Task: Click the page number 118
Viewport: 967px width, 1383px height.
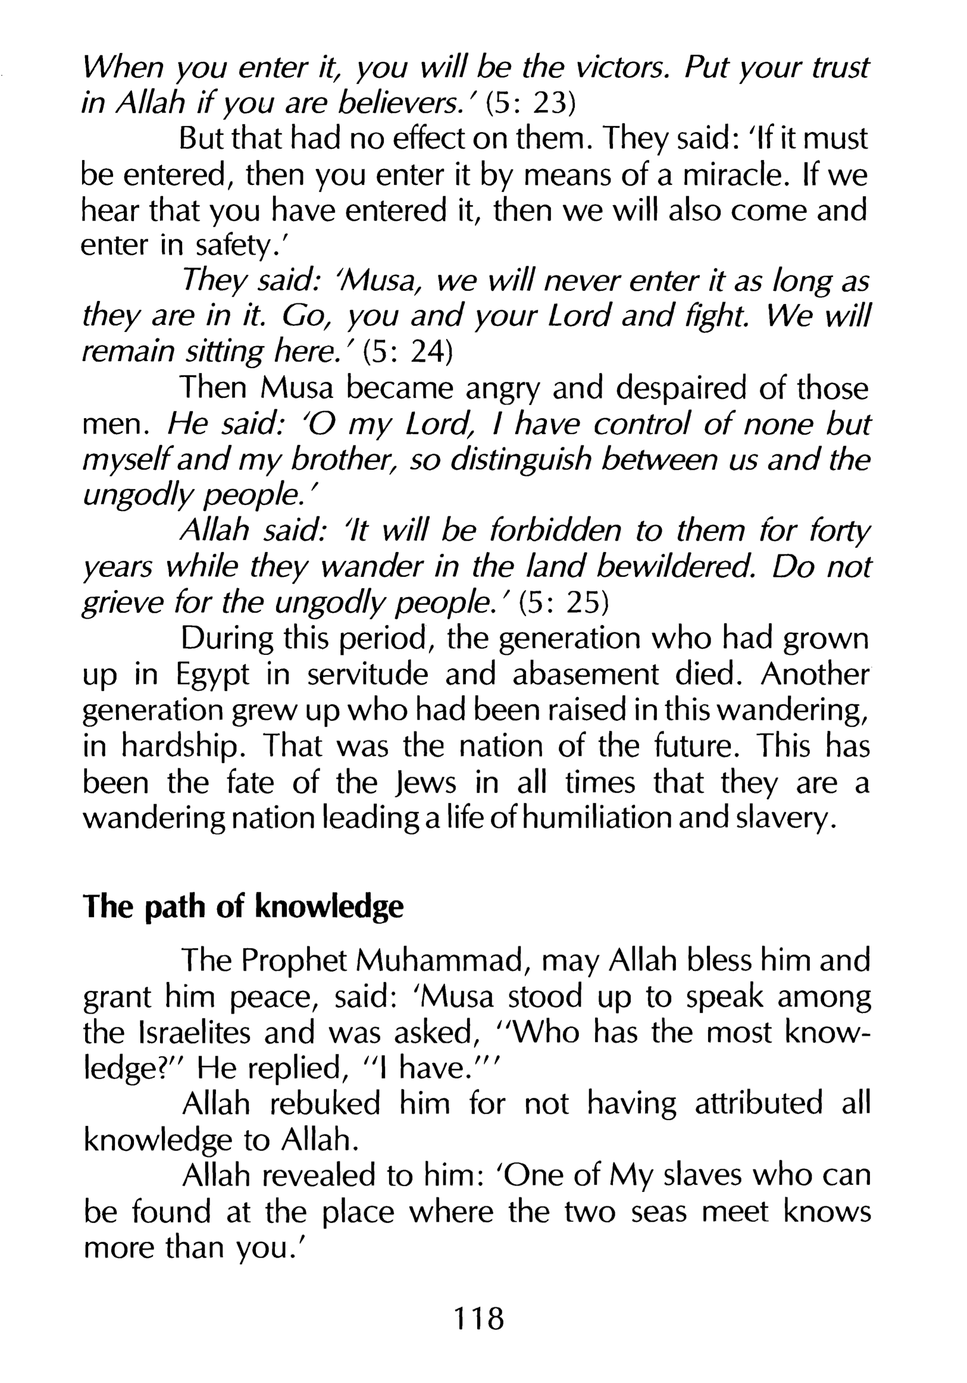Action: pyautogui.click(x=479, y=1318)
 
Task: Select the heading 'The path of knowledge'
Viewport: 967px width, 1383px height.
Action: pyautogui.click(x=243, y=907)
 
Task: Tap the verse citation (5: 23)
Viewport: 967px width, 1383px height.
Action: pyautogui.click(x=531, y=104)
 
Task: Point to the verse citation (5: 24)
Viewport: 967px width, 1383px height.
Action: pyautogui.click(x=408, y=352)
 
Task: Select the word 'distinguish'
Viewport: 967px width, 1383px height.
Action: pyautogui.click(x=522, y=460)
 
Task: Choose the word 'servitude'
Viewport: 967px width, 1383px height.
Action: pyautogui.click(x=368, y=675)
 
